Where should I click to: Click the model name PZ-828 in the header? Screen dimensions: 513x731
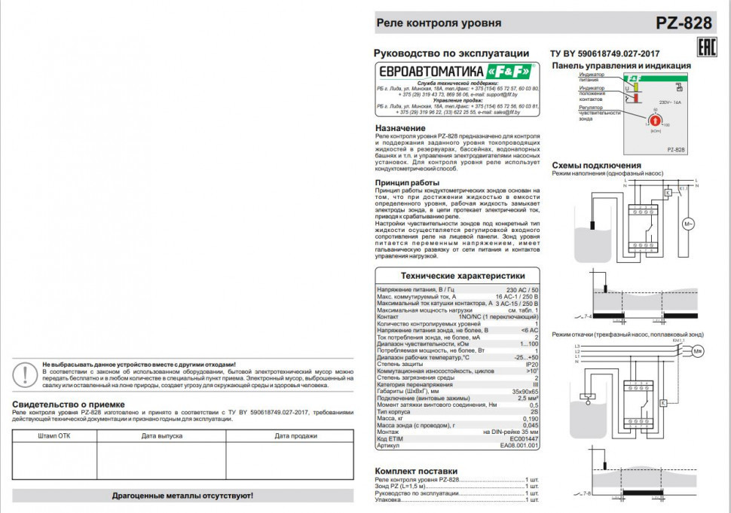pos(684,23)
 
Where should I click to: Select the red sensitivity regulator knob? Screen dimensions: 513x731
pos(654,118)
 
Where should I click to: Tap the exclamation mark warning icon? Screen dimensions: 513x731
pos(28,374)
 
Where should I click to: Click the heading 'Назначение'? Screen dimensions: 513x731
pos(400,128)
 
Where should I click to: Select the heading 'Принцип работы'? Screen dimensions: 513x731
pos(407,183)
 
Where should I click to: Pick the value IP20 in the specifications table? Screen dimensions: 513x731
pos(532,364)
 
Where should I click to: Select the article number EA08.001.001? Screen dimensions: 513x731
pos(519,445)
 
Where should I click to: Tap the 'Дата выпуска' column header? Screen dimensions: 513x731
pos(161,435)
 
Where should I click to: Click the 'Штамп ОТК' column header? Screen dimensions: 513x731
pos(54,435)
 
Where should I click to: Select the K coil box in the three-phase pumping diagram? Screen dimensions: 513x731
pos(662,404)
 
